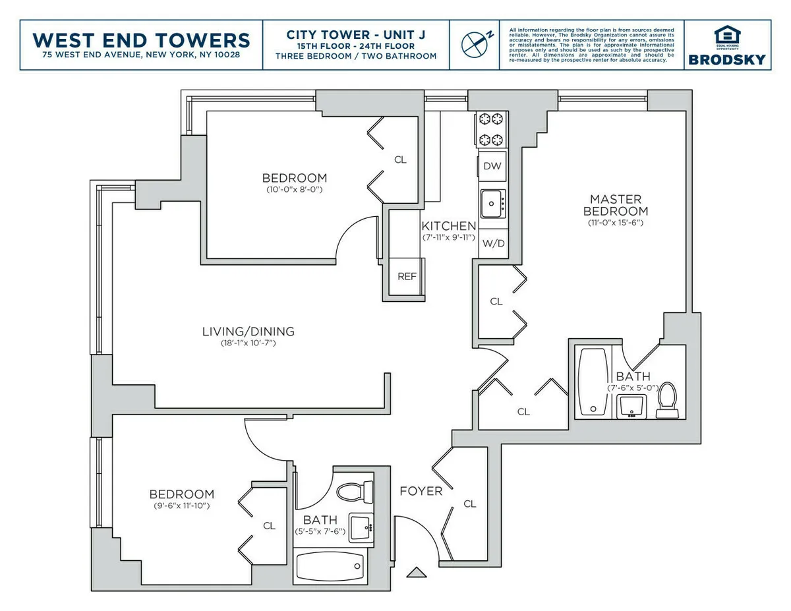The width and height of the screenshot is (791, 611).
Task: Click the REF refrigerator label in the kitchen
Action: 407,276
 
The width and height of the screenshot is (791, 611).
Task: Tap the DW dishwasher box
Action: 492,166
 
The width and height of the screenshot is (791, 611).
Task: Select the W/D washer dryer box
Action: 493,243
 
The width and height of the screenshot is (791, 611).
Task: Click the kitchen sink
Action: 492,203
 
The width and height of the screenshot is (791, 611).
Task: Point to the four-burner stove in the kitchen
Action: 491,129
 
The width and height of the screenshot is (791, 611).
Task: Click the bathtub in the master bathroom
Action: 592,382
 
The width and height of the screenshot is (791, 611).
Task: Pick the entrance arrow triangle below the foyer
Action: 416,572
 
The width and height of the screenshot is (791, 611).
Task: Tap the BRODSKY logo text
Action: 727,59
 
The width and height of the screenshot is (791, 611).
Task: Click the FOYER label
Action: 421,491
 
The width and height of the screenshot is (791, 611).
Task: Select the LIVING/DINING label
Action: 248,332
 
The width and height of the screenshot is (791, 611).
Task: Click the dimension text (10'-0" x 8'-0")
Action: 294,189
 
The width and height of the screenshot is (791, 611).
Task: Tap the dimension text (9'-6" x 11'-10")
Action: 181,506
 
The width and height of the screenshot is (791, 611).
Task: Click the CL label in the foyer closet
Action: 469,504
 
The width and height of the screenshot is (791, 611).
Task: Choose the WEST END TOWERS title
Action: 142,40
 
